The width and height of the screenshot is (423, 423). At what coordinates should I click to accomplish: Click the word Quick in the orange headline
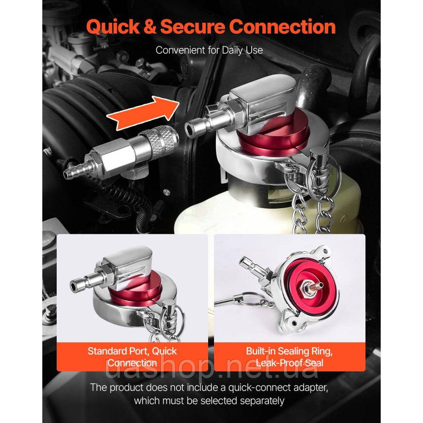[x=113, y=27]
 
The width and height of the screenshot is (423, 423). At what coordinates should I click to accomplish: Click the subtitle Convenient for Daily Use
[x=209, y=50]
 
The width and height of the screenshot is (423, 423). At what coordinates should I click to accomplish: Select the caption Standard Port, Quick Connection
[x=132, y=357]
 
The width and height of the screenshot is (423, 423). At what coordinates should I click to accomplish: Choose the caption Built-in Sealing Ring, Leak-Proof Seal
[x=289, y=357]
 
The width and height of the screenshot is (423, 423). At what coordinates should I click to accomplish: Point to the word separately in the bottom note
[x=262, y=401]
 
